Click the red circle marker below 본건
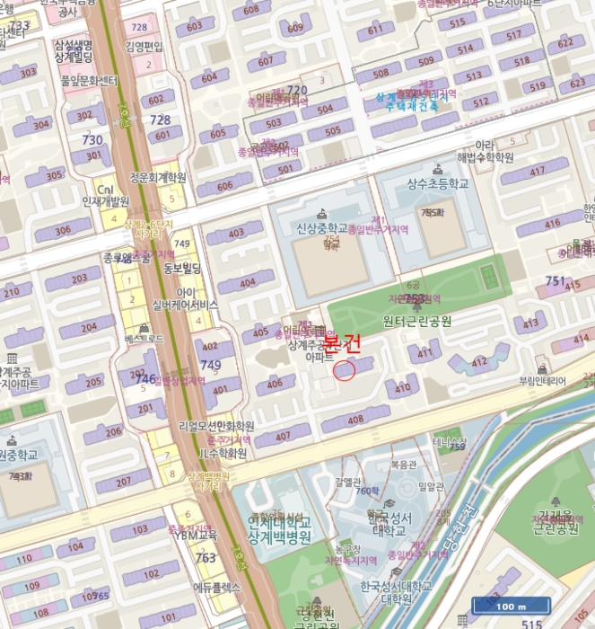tap(345, 369)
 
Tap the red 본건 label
tap(341, 343)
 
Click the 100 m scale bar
tap(510, 606)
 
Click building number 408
tap(356, 420)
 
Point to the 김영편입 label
tap(144, 46)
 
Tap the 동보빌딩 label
tap(182, 268)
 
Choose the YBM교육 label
tap(196, 536)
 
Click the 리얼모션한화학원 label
tap(216, 425)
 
